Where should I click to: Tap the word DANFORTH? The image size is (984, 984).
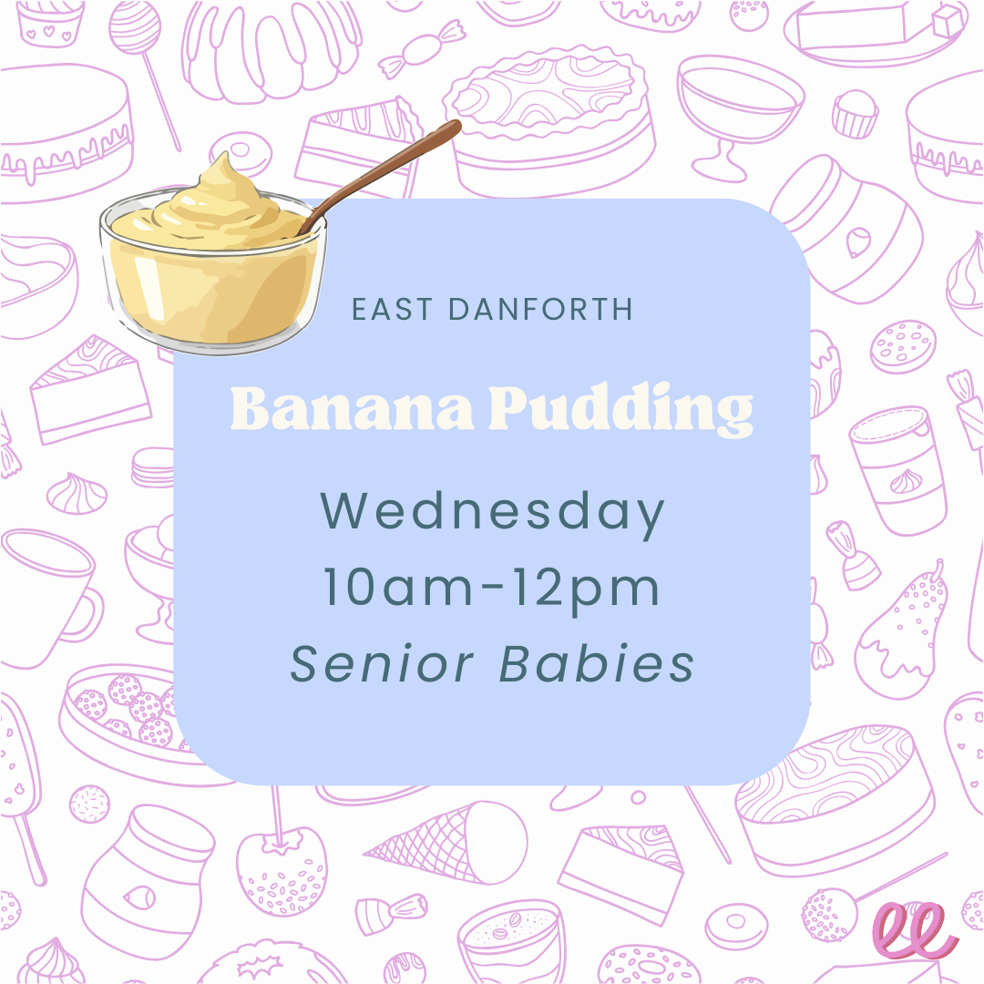point(541,310)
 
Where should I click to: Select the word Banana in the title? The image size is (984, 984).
point(352,411)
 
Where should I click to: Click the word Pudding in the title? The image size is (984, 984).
point(620,413)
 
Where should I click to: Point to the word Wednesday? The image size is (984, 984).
point(492,512)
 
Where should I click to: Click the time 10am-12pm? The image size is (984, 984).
point(492,589)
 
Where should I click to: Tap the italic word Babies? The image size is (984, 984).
point(598,664)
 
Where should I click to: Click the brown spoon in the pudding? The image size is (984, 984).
point(392,169)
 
